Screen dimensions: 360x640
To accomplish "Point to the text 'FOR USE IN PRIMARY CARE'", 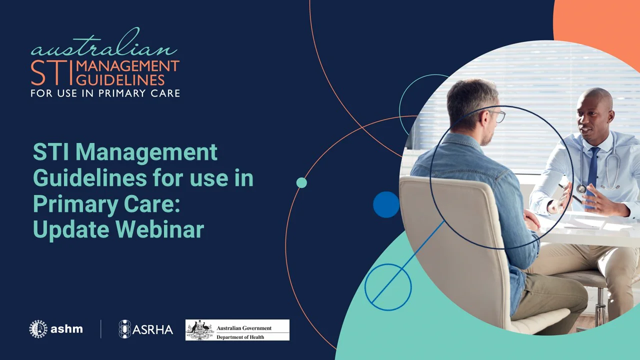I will click(x=105, y=93).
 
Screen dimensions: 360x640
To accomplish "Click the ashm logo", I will click(x=56, y=329).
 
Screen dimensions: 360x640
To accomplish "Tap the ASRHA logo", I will click(x=146, y=329).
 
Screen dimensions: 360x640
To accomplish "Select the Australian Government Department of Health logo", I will click(x=237, y=330).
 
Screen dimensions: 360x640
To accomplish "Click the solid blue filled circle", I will click(x=386, y=204).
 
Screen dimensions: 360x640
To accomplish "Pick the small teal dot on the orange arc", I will click(x=301, y=182).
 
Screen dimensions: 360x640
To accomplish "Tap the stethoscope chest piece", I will click(x=581, y=188).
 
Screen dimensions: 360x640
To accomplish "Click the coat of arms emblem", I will click(x=200, y=330).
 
